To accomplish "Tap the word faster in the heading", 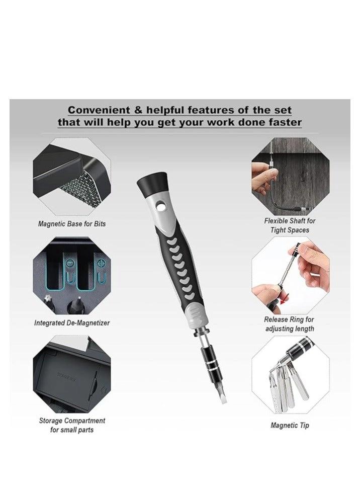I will pos(283,122).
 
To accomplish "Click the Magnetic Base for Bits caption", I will pos(72,224).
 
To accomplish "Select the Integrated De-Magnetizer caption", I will pos(72,322).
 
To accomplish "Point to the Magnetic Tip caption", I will pos(290,425).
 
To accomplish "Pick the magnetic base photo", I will pos(72,178).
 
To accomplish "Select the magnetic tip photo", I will pos(290,375).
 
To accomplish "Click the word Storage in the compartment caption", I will pos(52,421).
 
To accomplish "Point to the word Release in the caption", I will pos(276,319).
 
